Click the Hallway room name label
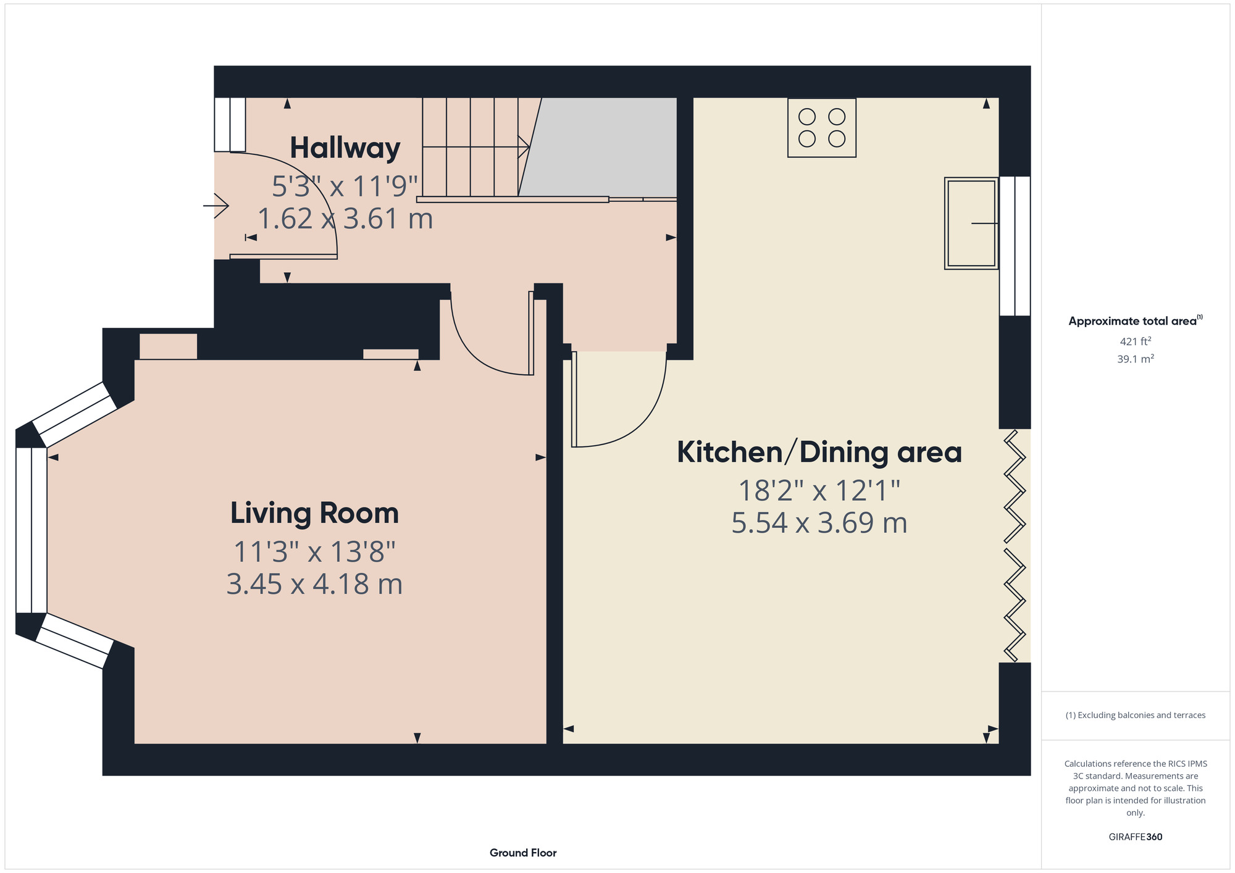point(345,149)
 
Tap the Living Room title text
point(314,514)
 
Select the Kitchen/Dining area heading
point(819,452)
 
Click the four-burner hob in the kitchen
point(822,128)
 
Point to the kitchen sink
point(971,223)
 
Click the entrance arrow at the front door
point(216,206)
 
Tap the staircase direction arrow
point(476,147)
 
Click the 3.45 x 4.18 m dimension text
point(314,584)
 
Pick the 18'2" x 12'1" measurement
point(819,491)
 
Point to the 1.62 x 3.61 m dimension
point(345,219)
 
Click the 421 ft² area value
point(1136,341)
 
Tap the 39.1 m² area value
point(1136,359)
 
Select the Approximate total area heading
point(1136,320)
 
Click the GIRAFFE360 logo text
point(1136,837)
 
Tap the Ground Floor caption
point(523,853)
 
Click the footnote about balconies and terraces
point(1136,715)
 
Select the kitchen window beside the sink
point(1015,246)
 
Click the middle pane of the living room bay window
point(31,530)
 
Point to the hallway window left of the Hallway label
point(230,125)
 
